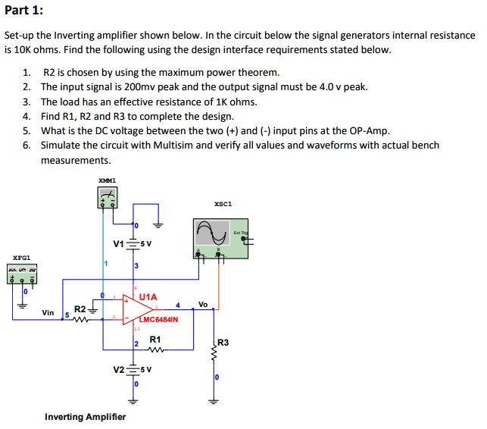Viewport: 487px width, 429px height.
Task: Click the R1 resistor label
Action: coord(155,340)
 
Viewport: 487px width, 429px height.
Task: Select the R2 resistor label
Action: coord(80,309)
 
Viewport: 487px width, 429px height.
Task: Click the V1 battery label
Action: coord(118,244)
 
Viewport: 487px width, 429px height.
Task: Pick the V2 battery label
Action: coord(118,370)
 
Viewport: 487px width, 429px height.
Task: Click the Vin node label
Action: coord(48,312)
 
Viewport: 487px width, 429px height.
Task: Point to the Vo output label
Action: coord(202,304)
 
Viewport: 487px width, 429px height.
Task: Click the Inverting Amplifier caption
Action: coord(85,417)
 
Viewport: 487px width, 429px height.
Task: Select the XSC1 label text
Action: coord(223,204)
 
